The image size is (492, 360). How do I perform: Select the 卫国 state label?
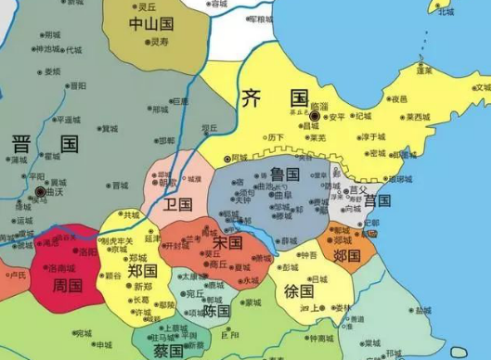point(176,204)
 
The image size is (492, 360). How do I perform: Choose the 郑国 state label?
point(141,271)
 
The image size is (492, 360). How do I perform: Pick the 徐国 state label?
point(298,290)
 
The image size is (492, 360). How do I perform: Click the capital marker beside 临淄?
point(314,115)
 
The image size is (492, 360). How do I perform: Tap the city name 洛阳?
point(87,251)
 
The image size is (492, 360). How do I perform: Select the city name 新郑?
point(142,288)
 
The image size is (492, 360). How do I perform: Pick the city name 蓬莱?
point(423,70)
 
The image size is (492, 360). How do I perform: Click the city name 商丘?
point(217,264)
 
